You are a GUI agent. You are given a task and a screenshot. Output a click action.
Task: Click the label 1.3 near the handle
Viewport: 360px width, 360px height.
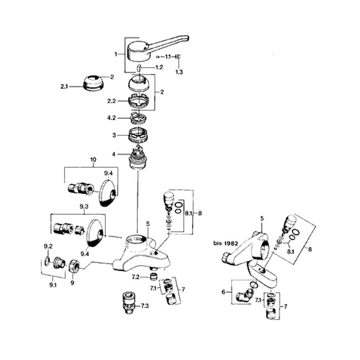179,72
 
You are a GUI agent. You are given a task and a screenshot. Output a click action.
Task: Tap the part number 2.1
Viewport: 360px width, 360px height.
63,87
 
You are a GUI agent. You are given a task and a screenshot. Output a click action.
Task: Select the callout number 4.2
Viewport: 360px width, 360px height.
111,118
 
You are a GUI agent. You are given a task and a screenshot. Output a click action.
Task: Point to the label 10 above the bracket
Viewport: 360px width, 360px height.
93,160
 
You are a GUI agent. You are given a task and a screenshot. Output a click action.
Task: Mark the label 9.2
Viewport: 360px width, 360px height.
48,246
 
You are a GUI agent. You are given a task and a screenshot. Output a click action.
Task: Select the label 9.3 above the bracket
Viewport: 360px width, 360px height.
84,207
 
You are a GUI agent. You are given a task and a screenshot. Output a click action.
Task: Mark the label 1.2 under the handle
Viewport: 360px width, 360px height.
159,67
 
